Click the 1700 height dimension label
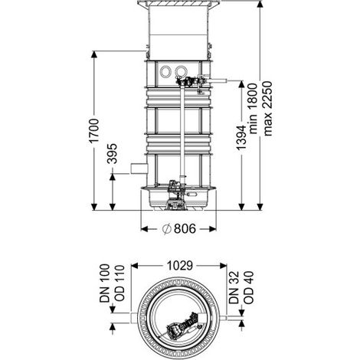[93, 131]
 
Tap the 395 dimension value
[112, 154]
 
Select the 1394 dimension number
[241, 137]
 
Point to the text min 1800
[253, 108]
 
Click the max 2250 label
[267, 108]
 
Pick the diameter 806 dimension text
[179, 229]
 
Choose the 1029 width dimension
[180, 266]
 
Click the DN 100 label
[104, 283]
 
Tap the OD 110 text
[119, 284]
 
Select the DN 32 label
[234, 287]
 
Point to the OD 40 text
[248, 287]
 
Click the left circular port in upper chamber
[165, 71]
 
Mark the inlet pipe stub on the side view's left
[139, 169]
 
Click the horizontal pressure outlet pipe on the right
[217, 81]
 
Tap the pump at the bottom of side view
[175, 195]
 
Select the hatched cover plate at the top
[178, 3]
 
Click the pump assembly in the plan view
[182, 325]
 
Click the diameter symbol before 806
[166, 229]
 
